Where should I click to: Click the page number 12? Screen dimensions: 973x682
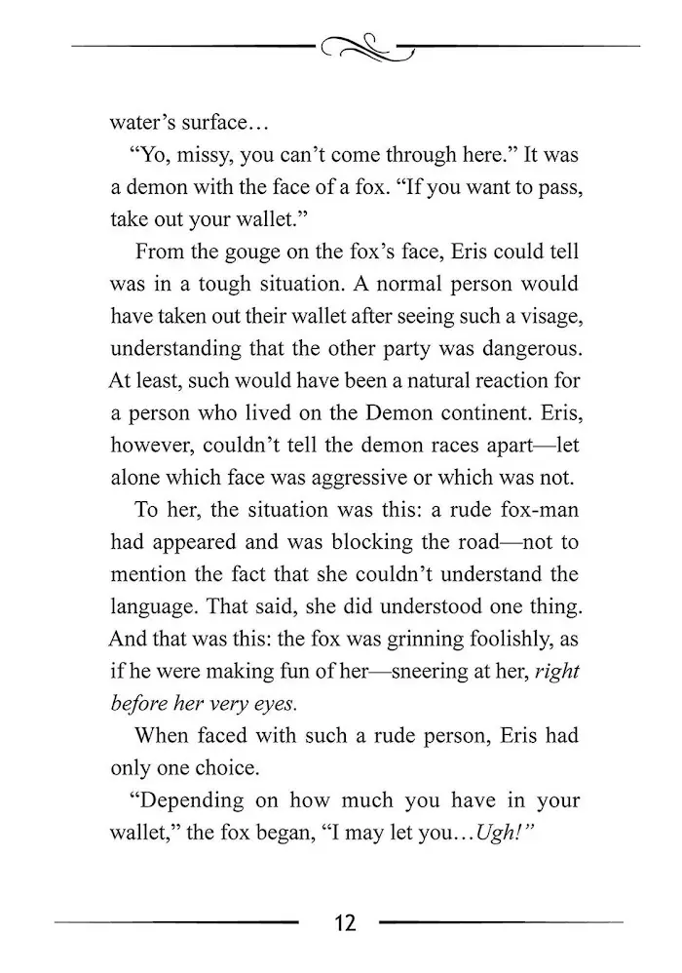tap(342, 922)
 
